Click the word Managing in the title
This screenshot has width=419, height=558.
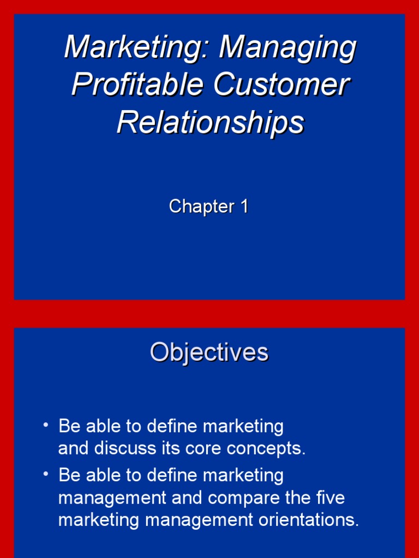pyautogui.click(x=288, y=48)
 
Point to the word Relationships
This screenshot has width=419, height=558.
pyautogui.click(x=209, y=122)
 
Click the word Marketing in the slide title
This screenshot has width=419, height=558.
pyautogui.click(x=139, y=48)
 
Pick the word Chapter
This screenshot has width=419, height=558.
pyautogui.click(x=194, y=207)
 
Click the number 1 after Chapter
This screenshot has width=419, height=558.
pyautogui.click(x=243, y=207)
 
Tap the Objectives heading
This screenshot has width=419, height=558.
pyautogui.click(x=209, y=352)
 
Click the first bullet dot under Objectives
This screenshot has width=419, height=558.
pyautogui.click(x=46, y=424)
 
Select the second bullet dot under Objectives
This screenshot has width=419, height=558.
pyautogui.click(x=46, y=473)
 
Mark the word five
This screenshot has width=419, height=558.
pyautogui.click(x=330, y=498)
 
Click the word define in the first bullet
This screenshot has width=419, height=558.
pyautogui.click(x=175, y=426)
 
